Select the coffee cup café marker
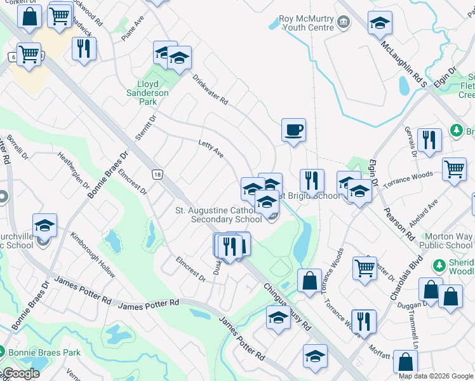pyautogui.click(x=293, y=131)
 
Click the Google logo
pyautogui.click(x=22, y=373)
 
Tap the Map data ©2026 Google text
pyautogui.click(x=436, y=376)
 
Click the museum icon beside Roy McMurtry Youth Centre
pyautogui.click(x=344, y=23)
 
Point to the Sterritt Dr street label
pyautogui.click(x=145, y=126)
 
